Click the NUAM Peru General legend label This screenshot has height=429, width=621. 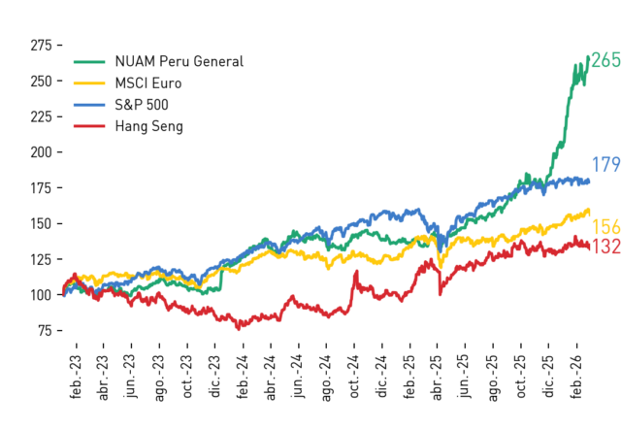point(179,61)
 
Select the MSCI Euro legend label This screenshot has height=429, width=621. point(148,83)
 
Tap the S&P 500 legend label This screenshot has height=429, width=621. point(142,105)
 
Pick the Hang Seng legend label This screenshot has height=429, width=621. point(148,126)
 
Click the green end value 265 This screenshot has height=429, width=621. point(605,60)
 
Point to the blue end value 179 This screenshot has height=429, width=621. point(605,164)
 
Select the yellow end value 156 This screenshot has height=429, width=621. point(605,227)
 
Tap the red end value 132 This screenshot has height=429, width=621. point(605,247)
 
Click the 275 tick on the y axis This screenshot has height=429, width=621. point(41,46)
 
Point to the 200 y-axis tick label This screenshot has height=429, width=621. point(41,152)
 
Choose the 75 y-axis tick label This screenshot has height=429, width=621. point(45,330)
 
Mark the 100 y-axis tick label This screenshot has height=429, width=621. point(41,295)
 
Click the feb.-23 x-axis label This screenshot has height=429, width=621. point(76,377)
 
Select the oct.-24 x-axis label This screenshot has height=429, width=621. point(353,377)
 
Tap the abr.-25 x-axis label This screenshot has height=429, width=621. point(437,378)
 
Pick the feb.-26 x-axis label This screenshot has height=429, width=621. point(576,377)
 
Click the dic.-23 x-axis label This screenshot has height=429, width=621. point(214,377)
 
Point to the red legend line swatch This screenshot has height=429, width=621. point(89,126)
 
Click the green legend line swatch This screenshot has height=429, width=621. point(89,61)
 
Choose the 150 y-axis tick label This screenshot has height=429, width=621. point(41,224)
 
